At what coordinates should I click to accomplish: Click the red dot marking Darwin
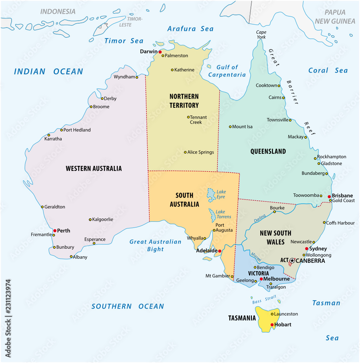[x=160, y=52]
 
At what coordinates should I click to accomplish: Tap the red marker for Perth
[x=55, y=231]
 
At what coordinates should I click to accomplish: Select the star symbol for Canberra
[x=292, y=261]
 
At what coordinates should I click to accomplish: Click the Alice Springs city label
[x=200, y=152]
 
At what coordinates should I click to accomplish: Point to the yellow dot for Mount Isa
[x=230, y=127]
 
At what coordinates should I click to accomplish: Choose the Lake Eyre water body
[x=210, y=195]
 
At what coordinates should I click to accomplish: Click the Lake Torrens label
[x=223, y=214]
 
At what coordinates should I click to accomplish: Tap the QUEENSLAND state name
[x=268, y=151]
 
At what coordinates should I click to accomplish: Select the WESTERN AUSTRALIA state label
[x=94, y=168]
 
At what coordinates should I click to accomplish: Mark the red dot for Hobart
[x=272, y=325]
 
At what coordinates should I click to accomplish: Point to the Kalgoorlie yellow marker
[x=90, y=220]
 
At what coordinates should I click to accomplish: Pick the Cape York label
[x=261, y=34]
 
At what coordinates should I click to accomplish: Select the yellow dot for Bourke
[x=274, y=212]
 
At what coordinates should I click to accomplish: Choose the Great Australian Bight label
[x=156, y=245]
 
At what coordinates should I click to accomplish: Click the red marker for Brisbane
[x=329, y=197]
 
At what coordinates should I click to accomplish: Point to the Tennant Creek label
[x=198, y=119]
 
